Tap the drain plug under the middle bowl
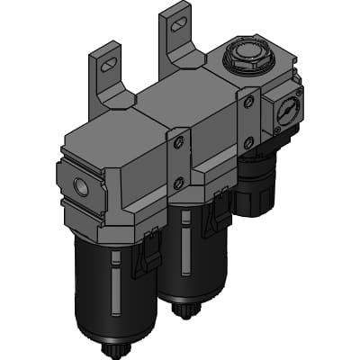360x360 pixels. (x=186, y=310)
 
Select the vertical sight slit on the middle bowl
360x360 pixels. (x=186, y=253)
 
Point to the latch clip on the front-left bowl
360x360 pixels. (x=144, y=256)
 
